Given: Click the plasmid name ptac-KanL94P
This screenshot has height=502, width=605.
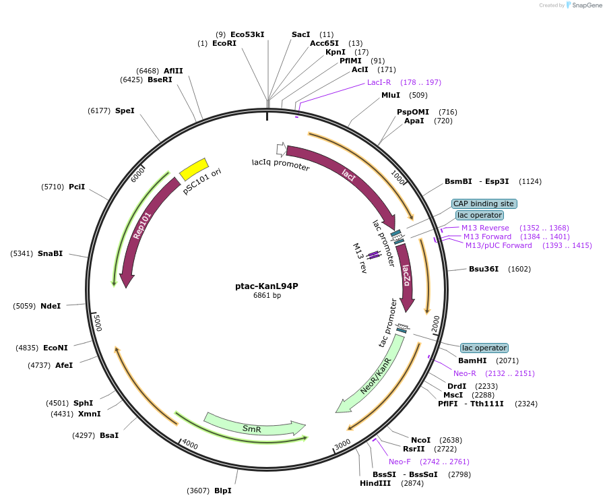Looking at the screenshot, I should [267, 286].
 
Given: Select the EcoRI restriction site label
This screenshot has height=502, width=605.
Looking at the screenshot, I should [224, 43].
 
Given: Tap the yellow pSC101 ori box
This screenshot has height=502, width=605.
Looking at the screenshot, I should [194, 169].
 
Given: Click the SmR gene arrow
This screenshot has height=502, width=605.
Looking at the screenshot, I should [253, 427].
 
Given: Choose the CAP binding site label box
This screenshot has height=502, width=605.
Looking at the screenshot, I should [484, 203].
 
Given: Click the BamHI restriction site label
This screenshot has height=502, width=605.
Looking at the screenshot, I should [472, 360].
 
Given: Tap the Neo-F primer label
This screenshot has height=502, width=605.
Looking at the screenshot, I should [400, 462].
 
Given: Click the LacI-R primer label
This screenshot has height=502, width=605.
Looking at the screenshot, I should [379, 82].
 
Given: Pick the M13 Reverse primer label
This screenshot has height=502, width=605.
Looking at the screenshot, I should [485, 228].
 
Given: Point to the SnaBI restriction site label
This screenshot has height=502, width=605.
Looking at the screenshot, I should [50, 253].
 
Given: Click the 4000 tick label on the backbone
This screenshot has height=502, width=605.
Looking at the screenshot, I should [189, 445].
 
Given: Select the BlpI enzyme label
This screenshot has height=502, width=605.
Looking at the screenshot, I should [222, 491].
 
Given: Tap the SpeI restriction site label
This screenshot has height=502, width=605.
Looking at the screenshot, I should [125, 111].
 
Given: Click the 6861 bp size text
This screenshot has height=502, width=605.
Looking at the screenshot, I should [267, 295].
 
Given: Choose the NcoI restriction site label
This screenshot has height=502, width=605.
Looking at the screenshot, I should [420, 439].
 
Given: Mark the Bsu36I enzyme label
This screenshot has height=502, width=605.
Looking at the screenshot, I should [484, 269].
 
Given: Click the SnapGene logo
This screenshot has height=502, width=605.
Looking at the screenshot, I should [585, 5].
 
